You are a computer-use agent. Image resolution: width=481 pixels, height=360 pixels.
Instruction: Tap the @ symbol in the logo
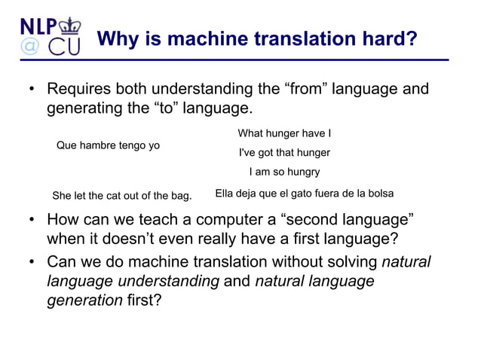29,46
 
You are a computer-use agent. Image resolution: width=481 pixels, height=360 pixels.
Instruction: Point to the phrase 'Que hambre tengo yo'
108,145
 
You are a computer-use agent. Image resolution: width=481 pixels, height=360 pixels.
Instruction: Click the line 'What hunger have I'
284,134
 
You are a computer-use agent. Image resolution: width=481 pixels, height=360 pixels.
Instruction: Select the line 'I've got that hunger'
284,153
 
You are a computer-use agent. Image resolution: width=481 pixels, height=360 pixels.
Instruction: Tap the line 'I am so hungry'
284,172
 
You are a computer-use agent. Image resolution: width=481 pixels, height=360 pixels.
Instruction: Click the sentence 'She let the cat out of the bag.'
121,196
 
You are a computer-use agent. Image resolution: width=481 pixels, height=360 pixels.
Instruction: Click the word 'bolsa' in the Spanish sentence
378,194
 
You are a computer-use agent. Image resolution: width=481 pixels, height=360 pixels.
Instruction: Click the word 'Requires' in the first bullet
79,90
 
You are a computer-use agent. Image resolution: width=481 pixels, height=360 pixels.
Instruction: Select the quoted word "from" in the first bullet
311,90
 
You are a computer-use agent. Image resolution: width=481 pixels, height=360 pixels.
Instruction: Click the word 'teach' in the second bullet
162,221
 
